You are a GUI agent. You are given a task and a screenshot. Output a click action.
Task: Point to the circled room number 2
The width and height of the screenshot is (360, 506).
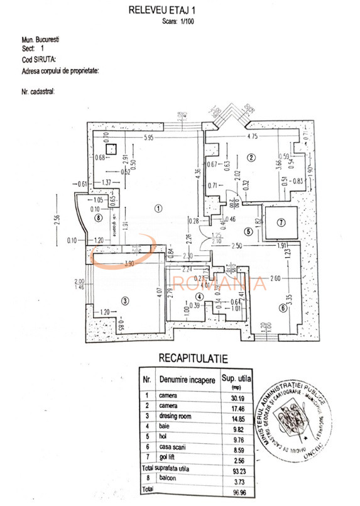pos(251,158)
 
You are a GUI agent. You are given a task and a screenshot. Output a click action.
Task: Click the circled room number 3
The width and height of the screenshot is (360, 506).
pos(124,301)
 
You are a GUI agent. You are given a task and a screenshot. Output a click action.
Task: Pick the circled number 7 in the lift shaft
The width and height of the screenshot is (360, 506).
pos(281,222)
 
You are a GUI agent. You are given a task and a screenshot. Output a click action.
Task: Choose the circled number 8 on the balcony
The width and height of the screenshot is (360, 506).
pos(97,218)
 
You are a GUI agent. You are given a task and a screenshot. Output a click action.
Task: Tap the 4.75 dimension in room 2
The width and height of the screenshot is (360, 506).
pos(253,136)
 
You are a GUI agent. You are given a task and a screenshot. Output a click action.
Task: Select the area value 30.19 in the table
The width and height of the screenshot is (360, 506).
pos(233,395)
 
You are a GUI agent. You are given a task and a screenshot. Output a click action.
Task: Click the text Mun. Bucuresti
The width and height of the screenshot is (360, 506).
pos(41,39)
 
